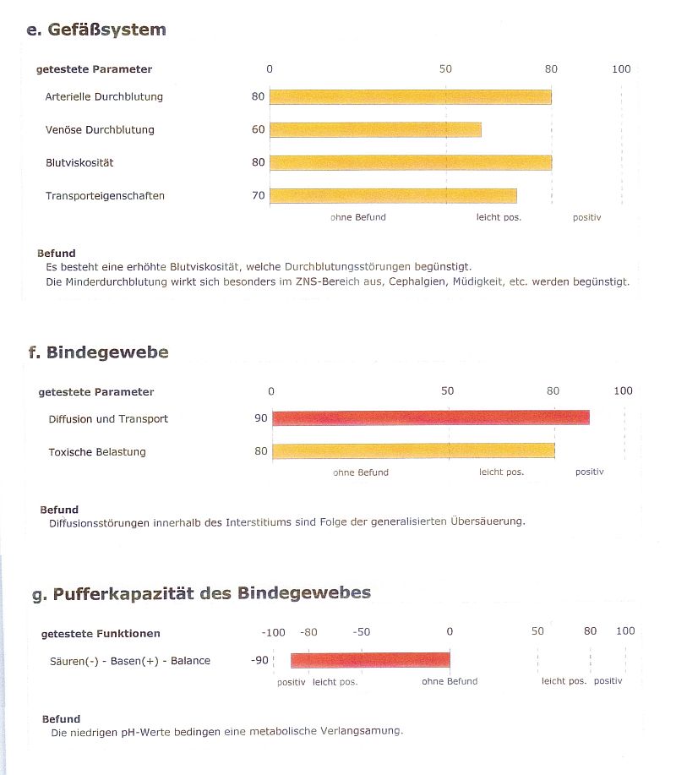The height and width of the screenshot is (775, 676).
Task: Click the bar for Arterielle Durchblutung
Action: [x=410, y=97]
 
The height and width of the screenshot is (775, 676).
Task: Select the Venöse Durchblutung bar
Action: [x=375, y=129]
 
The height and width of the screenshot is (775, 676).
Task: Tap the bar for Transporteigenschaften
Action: [x=393, y=196]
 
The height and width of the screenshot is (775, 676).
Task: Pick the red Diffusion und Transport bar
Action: [x=431, y=418]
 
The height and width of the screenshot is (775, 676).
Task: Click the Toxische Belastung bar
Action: [x=413, y=450]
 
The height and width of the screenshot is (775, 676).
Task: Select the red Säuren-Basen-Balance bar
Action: [x=370, y=660]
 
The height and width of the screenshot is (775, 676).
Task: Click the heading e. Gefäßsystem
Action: [x=96, y=30]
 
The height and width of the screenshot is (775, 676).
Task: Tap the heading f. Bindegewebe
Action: [x=99, y=352]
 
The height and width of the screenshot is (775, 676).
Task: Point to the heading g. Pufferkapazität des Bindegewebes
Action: [x=202, y=593]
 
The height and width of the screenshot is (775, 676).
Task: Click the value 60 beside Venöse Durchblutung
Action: [x=259, y=129]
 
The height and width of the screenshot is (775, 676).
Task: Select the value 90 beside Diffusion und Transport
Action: [x=261, y=418]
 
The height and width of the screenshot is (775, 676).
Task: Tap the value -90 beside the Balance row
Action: [x=259, y=660]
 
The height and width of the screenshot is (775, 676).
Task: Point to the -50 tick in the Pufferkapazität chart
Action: [x=362, y=632]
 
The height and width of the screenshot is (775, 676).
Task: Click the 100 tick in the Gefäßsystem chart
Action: [x=621, y=69]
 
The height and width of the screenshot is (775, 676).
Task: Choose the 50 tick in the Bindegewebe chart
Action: [x=448, y=391]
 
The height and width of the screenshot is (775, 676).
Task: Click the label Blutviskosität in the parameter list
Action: [x=79, y=162]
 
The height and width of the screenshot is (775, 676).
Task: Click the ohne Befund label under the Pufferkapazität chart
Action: [x=450, y=681]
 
